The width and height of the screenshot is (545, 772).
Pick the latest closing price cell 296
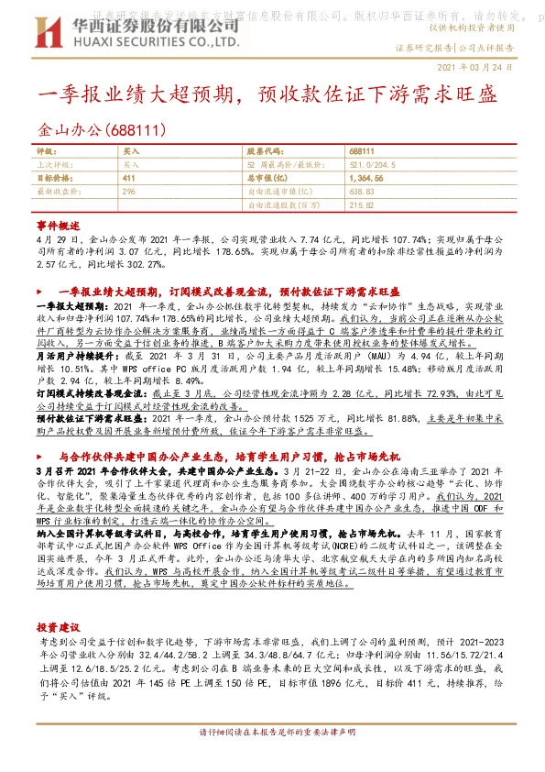[x=129, y=193]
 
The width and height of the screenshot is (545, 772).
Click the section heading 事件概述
[x=59, y=225]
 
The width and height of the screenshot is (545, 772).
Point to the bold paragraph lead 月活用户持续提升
[x=74, y=353]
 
